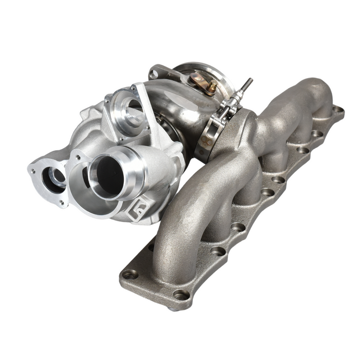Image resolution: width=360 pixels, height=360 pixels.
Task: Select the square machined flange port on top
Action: [126, 112]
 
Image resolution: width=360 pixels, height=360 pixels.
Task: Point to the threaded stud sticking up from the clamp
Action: [247, 85]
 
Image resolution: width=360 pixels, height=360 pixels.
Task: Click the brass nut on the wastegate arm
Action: [211, 87]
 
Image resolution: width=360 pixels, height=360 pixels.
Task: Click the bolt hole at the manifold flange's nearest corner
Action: [181, 294]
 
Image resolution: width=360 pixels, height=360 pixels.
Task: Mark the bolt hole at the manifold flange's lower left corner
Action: [130, 274]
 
